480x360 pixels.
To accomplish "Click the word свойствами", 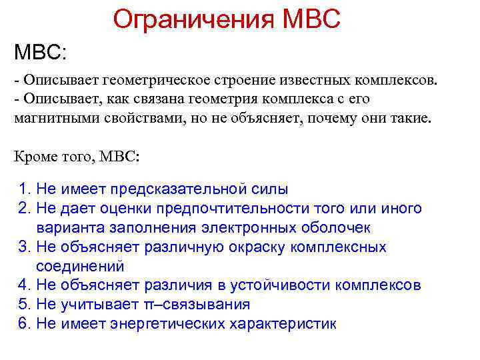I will (133, 118).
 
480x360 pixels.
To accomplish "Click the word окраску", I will (255, 247).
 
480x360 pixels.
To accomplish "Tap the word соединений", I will (80, 266).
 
